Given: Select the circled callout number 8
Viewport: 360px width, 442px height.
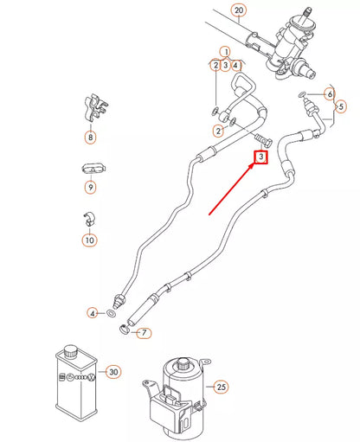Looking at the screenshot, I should pyautogui.click(x=89, y=136).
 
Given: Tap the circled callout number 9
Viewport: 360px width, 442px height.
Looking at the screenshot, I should pyautogui.click(x=89, y=185).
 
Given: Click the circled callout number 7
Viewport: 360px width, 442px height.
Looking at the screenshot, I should pyautogui.click(x=144, y=332).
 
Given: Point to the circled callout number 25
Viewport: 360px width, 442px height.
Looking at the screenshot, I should pyautogui.click(x=221, y=386).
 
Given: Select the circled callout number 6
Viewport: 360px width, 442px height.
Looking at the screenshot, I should pyautogui.click(x=329, y=93).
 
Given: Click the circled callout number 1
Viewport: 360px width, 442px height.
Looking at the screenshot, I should pyautogui.click(x=224, y=51).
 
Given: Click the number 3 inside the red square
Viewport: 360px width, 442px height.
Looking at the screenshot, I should pyautogui.click(x=260, y=157).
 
